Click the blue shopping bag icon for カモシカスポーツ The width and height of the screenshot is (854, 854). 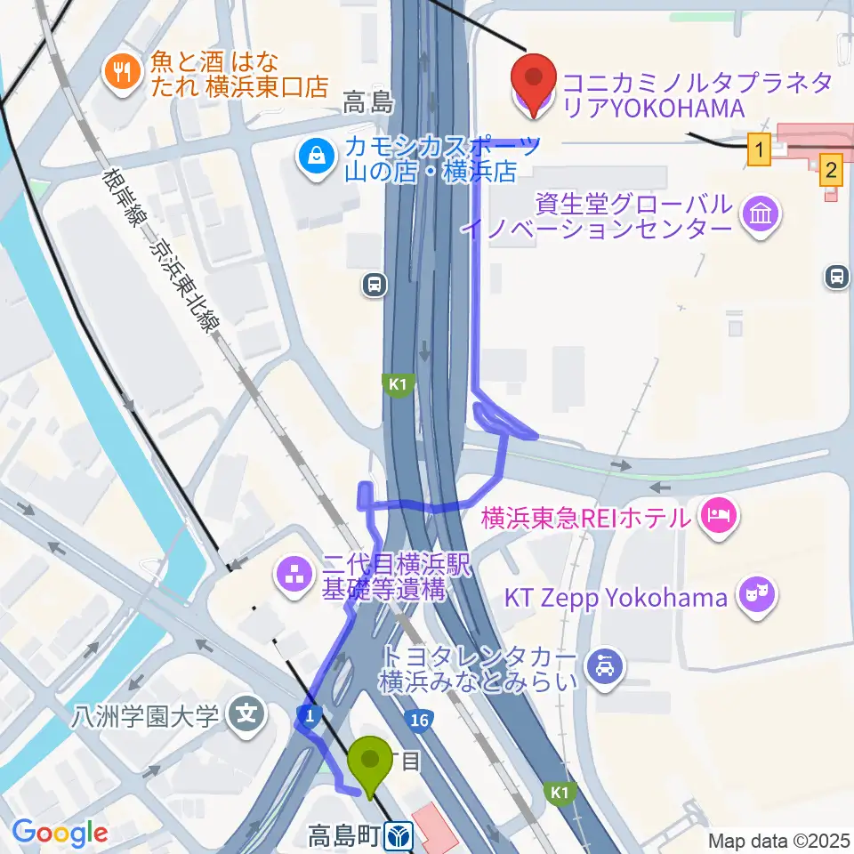[x=316, y=157]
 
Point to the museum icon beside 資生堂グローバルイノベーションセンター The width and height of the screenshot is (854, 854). [x=762, y=213]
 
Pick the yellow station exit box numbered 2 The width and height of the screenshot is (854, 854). [x=831, y=168]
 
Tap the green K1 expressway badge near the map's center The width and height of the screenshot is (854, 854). [x=397, y=383]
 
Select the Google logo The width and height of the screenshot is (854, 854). [x=60, y=834]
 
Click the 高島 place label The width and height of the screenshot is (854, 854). [x=368, y=104]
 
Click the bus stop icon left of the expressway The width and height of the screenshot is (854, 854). [x=375, y=285]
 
